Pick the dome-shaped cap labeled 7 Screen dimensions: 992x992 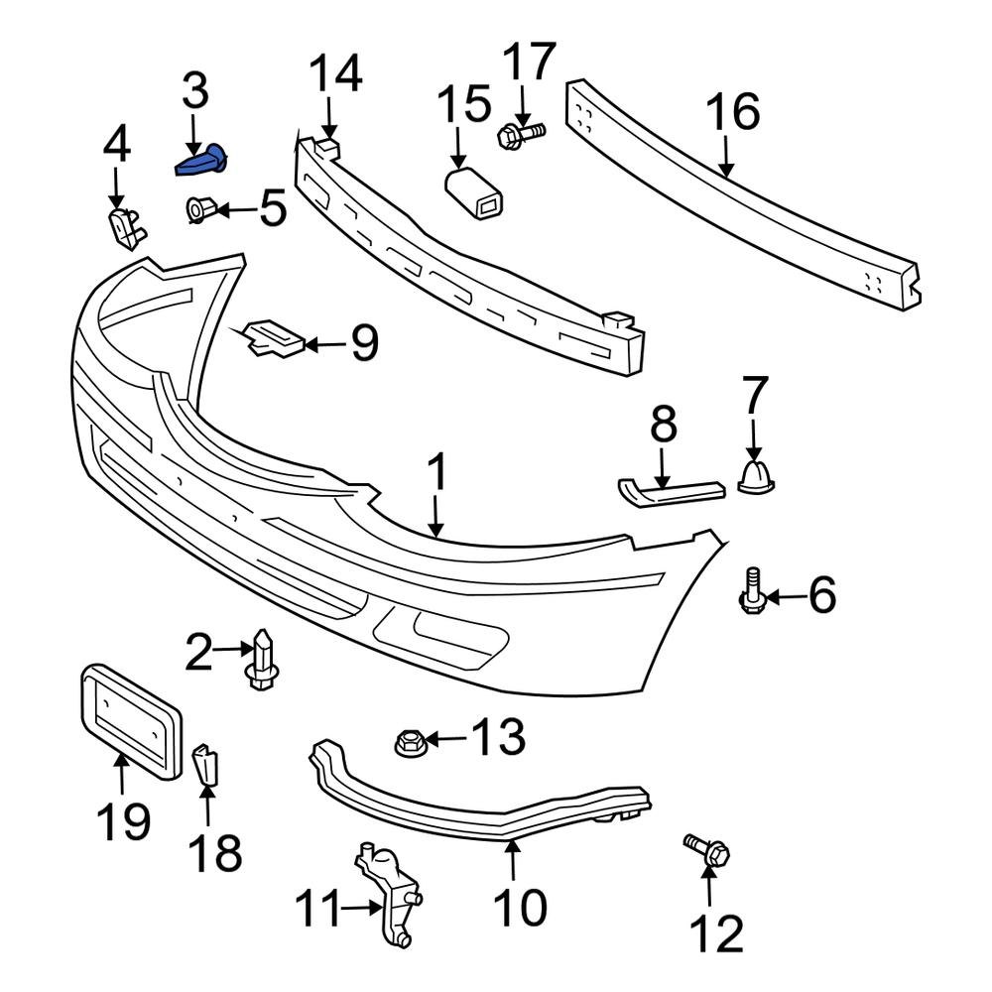click(x=757, y=475)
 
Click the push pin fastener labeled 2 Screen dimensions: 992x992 click(x=263, y=660)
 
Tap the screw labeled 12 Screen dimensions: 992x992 click(x=706, y=851)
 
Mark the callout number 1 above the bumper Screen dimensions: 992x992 click(x=436, y=475)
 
